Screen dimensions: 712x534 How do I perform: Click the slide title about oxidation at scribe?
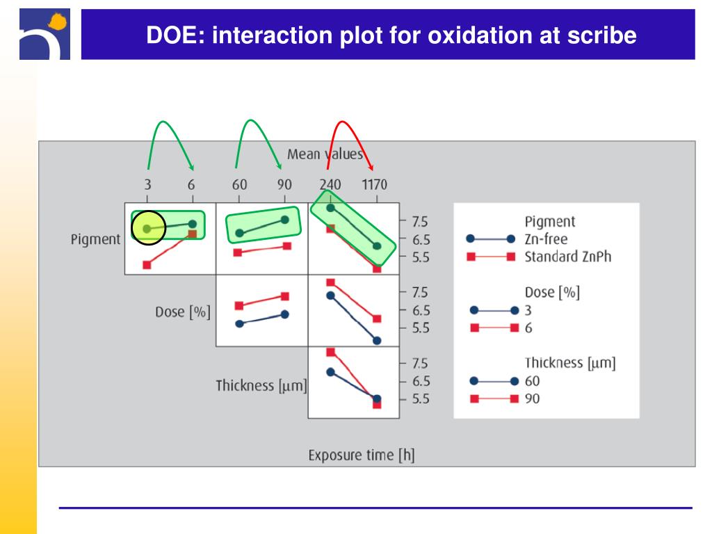tap(391, 35)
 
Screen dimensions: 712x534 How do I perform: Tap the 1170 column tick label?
tap(373, 186)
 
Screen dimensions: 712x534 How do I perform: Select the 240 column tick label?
tap(330, 186)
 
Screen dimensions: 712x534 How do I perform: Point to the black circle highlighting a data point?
tap(147, 227)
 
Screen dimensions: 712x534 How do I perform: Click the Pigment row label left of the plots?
tap(95, 239)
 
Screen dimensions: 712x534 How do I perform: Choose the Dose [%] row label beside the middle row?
tap(182, 311)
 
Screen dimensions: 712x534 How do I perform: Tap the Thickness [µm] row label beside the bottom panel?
tap(261, 385)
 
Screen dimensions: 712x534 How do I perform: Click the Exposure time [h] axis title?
tap(362, 455)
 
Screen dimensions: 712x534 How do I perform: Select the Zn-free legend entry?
tap(546, 239)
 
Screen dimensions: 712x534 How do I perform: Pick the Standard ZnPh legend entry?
tap(567, 257)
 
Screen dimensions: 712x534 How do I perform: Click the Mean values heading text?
tap(325, 154)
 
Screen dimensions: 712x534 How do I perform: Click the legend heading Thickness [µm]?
tap(570, 362)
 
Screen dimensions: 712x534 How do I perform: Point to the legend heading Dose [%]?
tap(552, 292)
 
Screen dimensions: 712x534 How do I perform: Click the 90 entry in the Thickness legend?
tap(532, 398)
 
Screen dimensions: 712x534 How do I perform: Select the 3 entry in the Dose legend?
tap(528, 310)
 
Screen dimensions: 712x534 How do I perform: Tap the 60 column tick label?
tap(239, 186)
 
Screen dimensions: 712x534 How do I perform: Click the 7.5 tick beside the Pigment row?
tap(419, 222)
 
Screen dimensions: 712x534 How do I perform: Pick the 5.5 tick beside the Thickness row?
tap(419, 399)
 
